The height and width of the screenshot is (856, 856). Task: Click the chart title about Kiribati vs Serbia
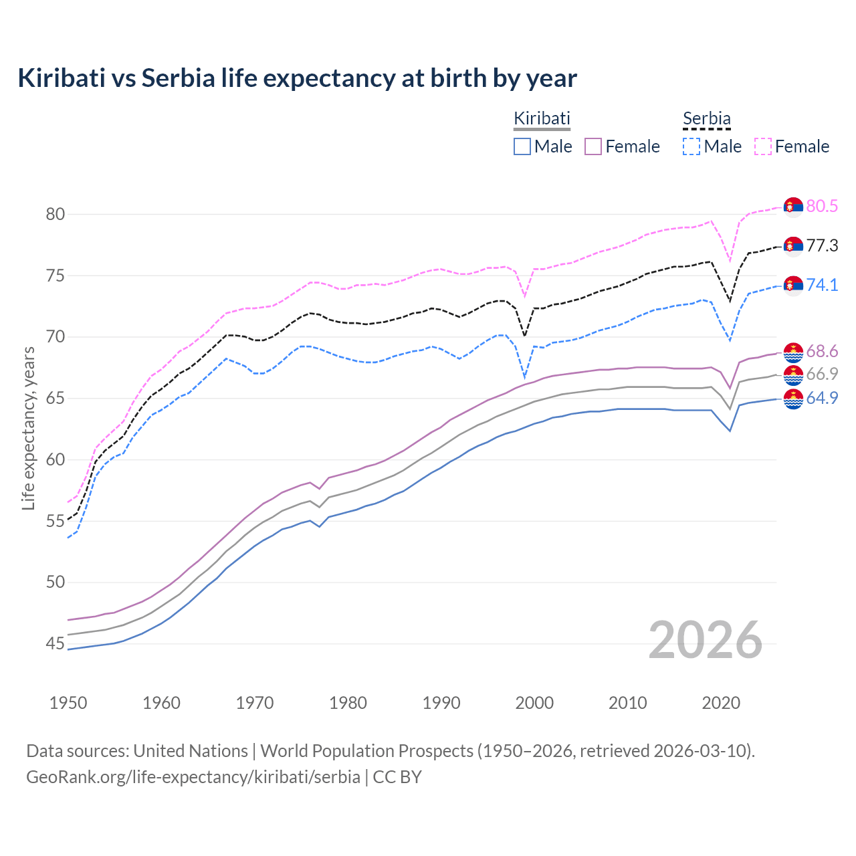click(x=297, y=78)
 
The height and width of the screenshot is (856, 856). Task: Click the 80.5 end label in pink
click(x=822, y=206)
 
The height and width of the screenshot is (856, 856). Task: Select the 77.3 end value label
click(x=822, y=245)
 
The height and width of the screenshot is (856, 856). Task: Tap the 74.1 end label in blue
click(x=822, y=285)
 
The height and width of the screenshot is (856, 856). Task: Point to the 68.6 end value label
click(x=822, y=351)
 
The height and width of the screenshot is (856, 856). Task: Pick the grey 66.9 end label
click(x=822, y=374)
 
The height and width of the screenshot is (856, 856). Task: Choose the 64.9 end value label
click(x=822, y=398)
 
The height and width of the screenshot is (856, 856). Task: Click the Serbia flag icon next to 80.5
click(x=793, y=207)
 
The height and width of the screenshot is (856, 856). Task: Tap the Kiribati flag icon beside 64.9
click(x=793, y=399)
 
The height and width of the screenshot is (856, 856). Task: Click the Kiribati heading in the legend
click(x=542, y=118)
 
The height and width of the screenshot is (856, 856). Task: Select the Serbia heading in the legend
click(x=706, y=118)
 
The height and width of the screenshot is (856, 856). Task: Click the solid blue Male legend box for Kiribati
click(x=522, y=146)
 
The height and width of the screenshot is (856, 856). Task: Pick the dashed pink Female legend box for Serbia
click(x=763, y=146)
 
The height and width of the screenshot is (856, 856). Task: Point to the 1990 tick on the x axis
click(x=441, y=703)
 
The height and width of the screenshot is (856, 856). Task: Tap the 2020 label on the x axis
click(x=721, y=703)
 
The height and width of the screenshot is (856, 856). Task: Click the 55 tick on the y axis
click(x=56, y=521)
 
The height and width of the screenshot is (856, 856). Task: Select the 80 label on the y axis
click(x=56, y=215)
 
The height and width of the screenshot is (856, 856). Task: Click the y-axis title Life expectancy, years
click(x=29, y=428)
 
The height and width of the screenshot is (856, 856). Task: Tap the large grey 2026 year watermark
click(x=705, y=641)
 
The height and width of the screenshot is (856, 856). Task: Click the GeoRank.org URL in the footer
click(x=193, y=777)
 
